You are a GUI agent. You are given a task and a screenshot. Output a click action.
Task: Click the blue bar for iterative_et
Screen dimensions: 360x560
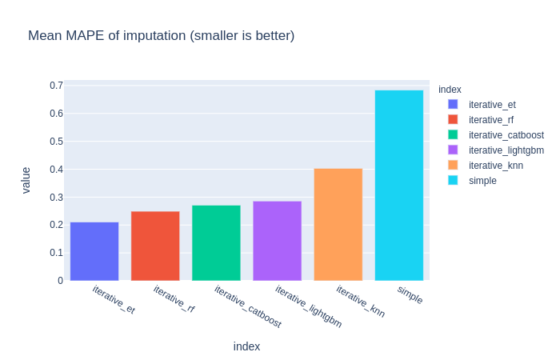pos(94,251)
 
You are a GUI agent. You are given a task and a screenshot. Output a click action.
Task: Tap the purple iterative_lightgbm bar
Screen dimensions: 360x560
pos(277,241)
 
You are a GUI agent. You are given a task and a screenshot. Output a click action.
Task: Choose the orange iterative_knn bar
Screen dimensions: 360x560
pos(338,224)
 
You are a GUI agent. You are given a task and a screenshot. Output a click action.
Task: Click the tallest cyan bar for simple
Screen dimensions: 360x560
pos(398,185)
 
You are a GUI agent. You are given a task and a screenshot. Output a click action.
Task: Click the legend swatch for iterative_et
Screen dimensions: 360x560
pos(453,104)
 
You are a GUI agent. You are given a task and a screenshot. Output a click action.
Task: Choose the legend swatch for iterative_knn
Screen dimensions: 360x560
pos(453,166)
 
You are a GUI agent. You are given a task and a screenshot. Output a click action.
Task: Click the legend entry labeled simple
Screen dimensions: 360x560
pos(482,181)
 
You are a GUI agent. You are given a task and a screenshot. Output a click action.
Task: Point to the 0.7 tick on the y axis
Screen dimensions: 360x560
pos(56,86)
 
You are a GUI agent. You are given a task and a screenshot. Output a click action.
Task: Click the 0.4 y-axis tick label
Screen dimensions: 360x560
pos(56,170)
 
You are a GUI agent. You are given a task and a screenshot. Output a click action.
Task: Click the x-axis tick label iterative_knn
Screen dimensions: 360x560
pos(360,302)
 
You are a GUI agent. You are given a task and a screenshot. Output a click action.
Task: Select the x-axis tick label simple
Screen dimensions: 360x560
pos(410,294)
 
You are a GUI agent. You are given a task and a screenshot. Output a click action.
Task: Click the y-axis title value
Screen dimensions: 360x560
pos(26,180)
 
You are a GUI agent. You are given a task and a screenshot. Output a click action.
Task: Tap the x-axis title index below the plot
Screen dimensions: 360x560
pos(246,346)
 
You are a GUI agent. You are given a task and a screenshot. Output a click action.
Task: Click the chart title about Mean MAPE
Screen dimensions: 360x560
pos(161,35)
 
